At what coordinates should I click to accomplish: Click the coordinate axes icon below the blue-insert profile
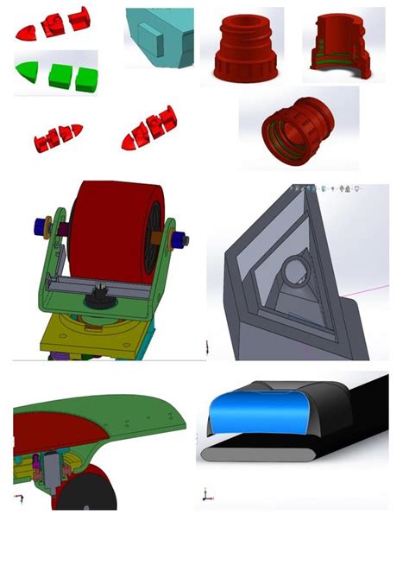click(x=205, y=497)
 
